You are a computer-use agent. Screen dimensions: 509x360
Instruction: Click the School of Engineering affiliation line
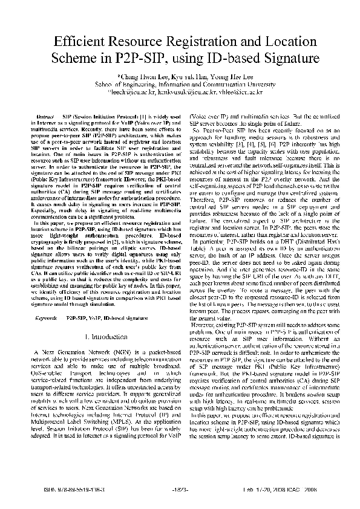pyautogui.click(x=180, y=85)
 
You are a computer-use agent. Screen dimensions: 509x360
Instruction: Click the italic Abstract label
pyautogui.click(x=47, y=115)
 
